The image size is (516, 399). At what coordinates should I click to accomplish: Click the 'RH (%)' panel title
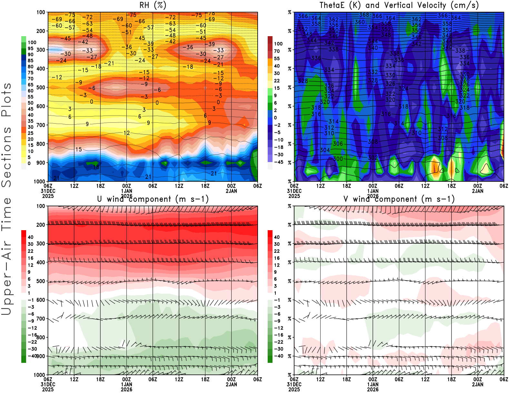(153, 5)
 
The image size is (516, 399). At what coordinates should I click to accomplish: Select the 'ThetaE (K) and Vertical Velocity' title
(399, 5)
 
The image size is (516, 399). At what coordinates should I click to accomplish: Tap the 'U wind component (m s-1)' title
(153, 199)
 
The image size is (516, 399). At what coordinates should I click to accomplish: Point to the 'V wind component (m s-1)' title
(399, 199)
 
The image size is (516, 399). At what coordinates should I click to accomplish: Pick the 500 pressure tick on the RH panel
(41, 87)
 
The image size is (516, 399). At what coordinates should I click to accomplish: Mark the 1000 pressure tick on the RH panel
(39, 181)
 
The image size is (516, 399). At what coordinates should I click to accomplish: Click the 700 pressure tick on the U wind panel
(41, 319)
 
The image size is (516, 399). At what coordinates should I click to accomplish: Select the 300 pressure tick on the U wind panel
(41, 243)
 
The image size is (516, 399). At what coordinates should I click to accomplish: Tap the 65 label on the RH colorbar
(30, 85)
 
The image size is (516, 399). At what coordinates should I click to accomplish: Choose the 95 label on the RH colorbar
(30, 48)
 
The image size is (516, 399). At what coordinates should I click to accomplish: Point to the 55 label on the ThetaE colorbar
(277, 58)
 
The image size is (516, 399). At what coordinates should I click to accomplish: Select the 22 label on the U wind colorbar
(30, 251)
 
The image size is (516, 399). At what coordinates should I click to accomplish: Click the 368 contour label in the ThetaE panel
(364, 15)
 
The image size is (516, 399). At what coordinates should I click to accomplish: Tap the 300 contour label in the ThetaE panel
(338, 159)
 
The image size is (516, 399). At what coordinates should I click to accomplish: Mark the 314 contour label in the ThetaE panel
(333, 121)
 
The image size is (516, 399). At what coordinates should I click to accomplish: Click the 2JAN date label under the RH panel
(231, 191)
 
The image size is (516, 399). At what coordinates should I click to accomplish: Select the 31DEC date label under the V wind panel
(294, 384)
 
